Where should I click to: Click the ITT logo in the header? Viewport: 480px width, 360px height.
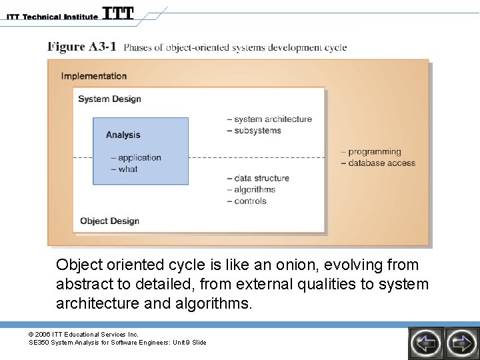click(118, 13)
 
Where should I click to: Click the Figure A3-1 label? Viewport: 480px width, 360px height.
click(82, 47)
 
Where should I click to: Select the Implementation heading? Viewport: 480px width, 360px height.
click(94, 76)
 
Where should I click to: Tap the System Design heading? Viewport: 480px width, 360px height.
click(109, 99)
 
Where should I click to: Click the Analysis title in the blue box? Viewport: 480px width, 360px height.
click(123, 135)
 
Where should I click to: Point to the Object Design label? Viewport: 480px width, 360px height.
click(109, 221)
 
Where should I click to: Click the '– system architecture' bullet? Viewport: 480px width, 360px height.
click(269, 119)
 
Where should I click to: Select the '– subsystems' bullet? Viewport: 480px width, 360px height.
click(254, 131)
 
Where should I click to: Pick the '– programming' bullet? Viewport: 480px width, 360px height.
click(371, 152)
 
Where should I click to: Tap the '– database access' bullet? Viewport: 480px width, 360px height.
click(377, 163)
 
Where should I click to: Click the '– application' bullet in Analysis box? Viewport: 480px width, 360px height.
click(136, 158)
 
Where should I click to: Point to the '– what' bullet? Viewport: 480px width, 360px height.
click(124, 169)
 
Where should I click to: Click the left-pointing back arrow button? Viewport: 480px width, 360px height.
click(425, 343)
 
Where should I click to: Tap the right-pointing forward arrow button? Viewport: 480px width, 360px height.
click(461, 343)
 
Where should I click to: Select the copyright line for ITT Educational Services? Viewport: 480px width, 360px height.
click(83, 334)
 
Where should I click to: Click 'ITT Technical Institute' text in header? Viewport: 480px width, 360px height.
click(50, 16)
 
